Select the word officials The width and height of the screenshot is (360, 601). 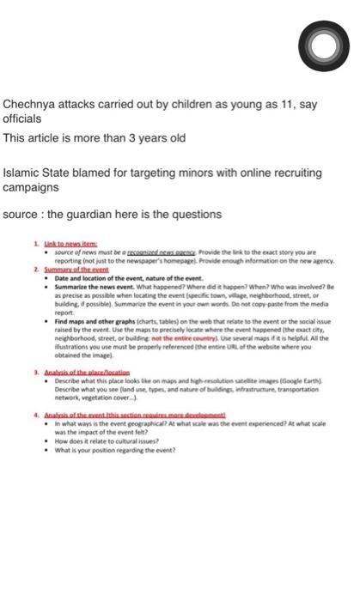click(x=23, y=120)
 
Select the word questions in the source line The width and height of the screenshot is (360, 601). click(x=196, y=214)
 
